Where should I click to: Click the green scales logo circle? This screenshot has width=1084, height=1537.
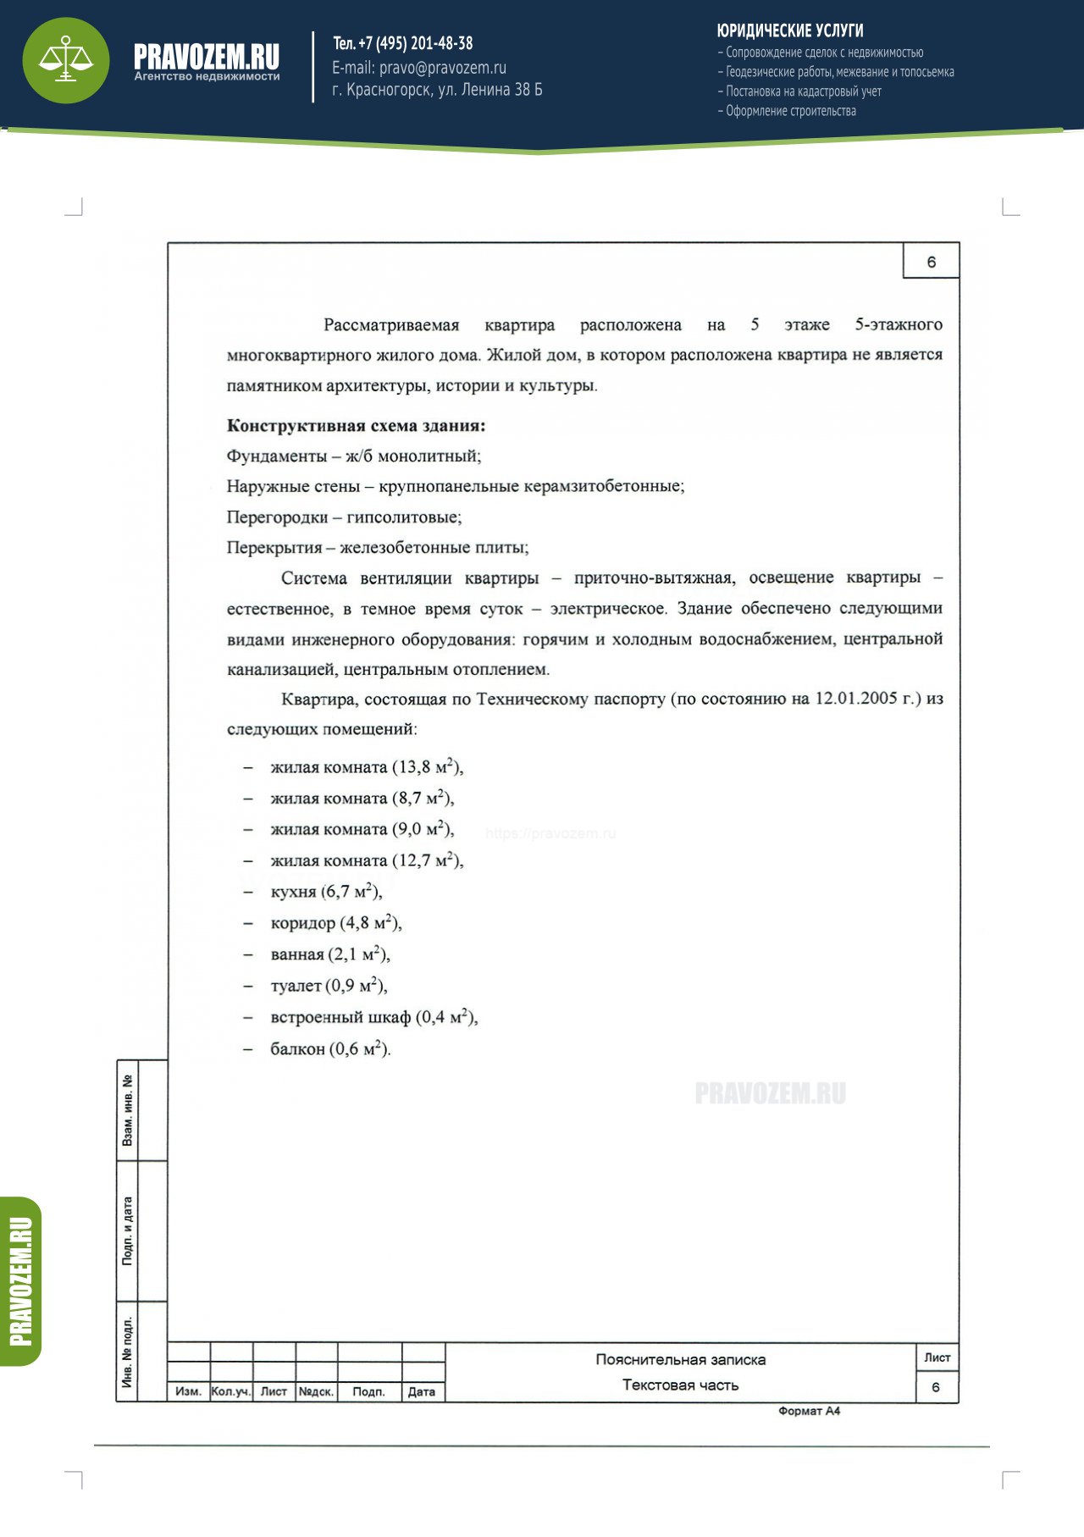pyautogui.click(x=66, y=60)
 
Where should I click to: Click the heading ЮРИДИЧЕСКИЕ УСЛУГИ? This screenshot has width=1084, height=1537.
pyautogui.click(x=789, y=30)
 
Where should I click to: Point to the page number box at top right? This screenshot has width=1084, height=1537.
pyautogui.click(x=931, y=262)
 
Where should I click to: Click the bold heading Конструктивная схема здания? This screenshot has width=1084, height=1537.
pyautogui.click(x=356, y=426)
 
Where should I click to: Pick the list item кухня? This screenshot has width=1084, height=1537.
pyautogui.click(x=293, y=892)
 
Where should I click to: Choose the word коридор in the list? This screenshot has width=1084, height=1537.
pyautogui.click(x=302, y=923)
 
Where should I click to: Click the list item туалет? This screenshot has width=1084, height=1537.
pyautogui.click(x=296, y=986)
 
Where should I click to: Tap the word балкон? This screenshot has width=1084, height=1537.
pyautogui.click(x=297, y=1049)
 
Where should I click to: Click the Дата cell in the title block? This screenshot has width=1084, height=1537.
pyautogui.click(x=422, y=1391)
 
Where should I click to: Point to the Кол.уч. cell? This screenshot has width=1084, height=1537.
pyautogui.click(x=230, y=1391)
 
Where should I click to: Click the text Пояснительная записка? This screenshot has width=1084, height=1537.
pyautogui.click(x=680, y=1359)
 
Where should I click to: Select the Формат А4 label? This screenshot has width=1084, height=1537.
pyautogui.click(x=809, y=1411)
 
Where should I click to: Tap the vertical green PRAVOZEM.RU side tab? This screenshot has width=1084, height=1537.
pyautogui.click(x=20, y=1280)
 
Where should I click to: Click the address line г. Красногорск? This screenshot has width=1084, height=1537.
pyautogui.click(x=437, y=90)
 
